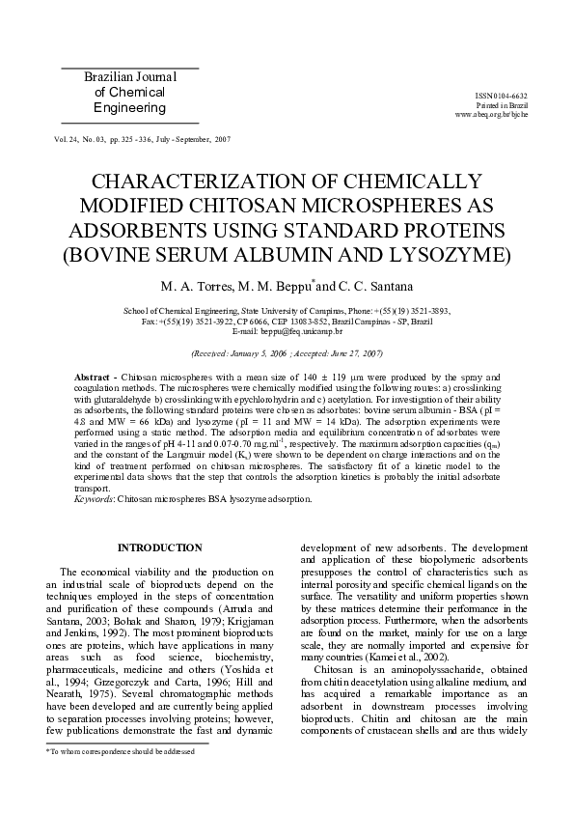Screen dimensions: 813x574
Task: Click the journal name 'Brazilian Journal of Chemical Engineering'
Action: click(130, 93)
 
